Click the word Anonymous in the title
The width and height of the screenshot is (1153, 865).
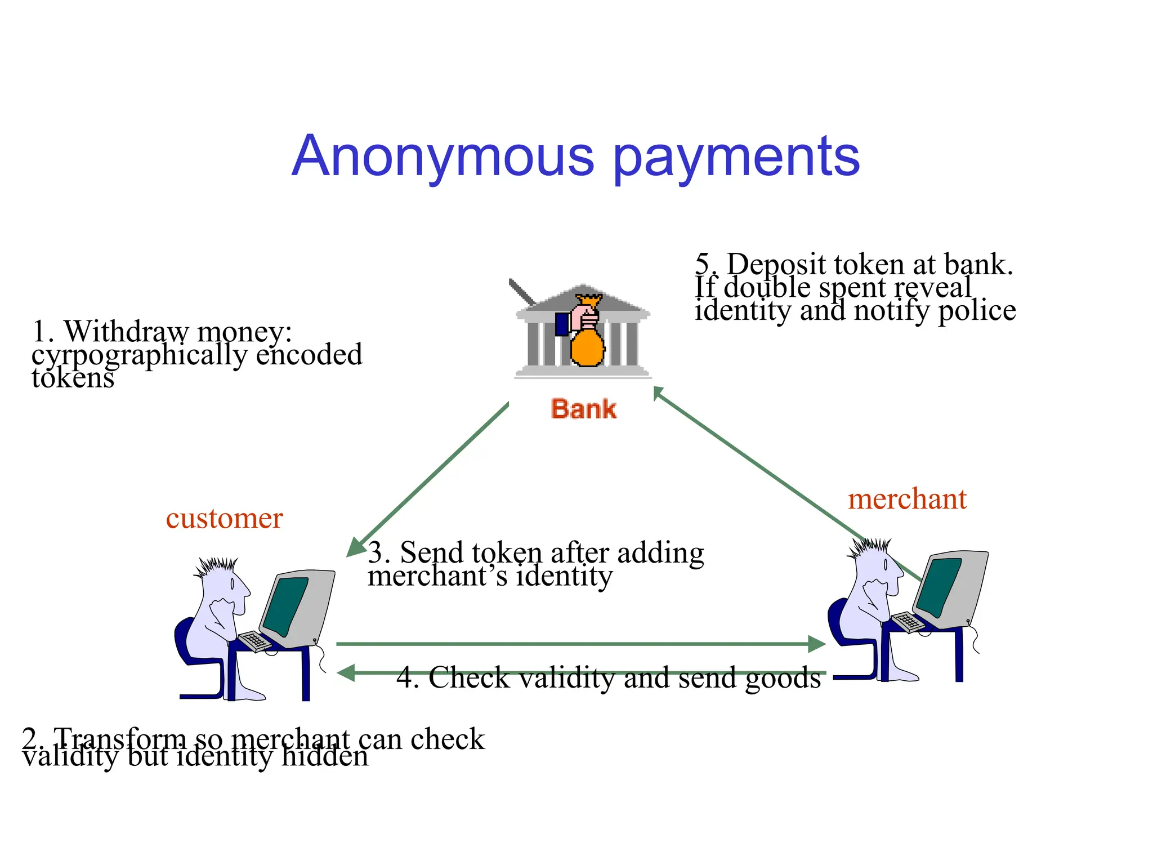pos(443,156)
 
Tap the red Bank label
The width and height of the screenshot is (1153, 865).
pos(583,409)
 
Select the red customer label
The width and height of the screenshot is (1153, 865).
pos(224,518)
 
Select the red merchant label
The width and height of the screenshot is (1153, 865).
pos(907,499)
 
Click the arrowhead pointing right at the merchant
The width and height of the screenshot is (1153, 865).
pos(816,644)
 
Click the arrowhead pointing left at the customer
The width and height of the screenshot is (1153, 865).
pos(345,672)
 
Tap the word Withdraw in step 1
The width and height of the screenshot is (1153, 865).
pos(125,331)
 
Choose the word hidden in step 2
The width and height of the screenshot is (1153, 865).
pos(325,756)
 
